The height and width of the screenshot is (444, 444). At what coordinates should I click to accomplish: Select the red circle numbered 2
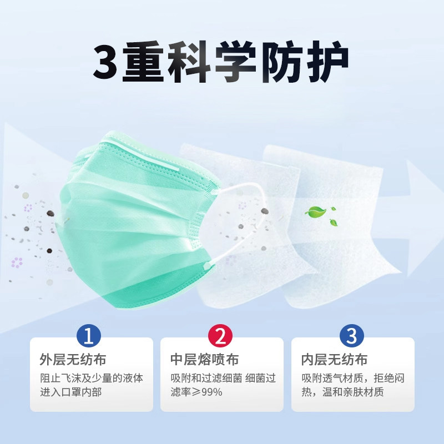point(222,336)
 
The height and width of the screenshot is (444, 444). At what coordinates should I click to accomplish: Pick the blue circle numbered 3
point(353,336)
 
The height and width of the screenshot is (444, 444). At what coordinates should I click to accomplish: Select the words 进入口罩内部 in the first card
point(70,392)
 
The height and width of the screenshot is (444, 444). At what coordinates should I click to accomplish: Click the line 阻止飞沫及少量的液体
point(92,378)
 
